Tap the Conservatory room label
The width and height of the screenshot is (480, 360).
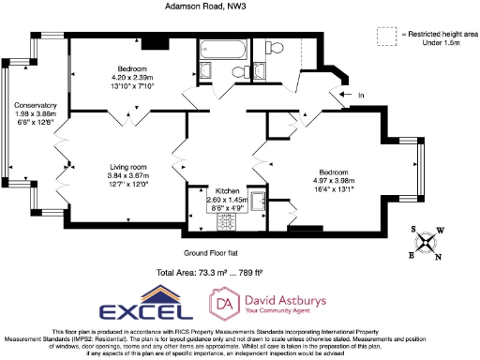[x=36, y=105]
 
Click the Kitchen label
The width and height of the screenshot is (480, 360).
[x=229, y=190]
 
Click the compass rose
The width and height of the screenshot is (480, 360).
[x=427, y=243]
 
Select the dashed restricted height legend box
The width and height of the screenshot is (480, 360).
[x=385, y=37]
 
